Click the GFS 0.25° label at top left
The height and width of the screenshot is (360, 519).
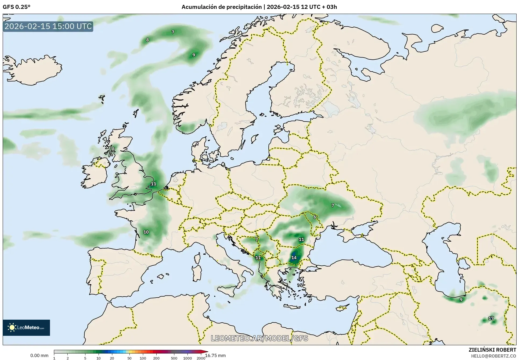point(16,7)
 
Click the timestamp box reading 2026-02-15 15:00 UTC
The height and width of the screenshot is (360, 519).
point(48,26)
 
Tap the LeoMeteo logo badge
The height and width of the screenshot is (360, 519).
point(26,327)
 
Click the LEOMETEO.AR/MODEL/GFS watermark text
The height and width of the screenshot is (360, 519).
point(259,338)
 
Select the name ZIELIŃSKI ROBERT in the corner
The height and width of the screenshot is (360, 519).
point(492,350)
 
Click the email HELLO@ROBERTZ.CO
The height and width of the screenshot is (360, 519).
point(493,356)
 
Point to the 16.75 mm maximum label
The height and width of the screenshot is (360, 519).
point(215,355)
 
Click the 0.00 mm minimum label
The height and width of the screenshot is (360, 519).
point(39,355)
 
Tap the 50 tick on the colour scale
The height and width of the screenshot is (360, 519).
point(129,358)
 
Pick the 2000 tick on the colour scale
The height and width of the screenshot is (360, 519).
point(201,358)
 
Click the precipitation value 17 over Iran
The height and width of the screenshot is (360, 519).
point(491,318)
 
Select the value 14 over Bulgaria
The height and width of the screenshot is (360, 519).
point(294,258)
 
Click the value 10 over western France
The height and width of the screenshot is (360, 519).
point(146,232)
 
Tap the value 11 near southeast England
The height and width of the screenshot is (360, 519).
point(153,184)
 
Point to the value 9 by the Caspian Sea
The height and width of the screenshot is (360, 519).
point(461,300)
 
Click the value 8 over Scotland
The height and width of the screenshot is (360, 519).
point(113,149)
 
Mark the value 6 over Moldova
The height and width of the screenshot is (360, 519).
point(315,217)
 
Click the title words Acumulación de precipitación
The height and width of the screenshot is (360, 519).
point(221,7)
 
